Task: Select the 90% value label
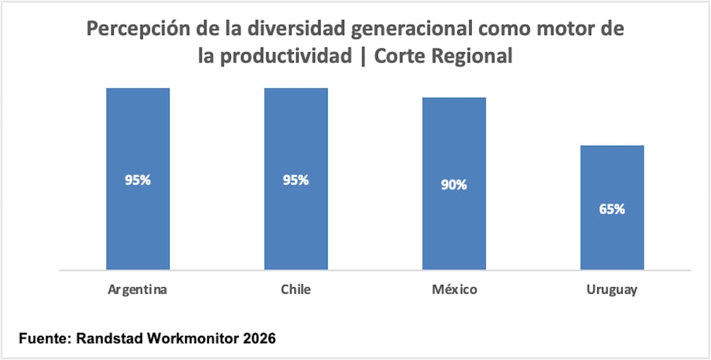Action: (454, 185)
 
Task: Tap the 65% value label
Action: (612, 209)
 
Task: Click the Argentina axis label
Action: (137, 290)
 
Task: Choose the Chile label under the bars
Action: (296, 290)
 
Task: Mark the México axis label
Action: (454, 290)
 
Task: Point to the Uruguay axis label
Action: (612, 290)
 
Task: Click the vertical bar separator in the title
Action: (364, 56)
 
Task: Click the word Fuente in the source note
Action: (41, 339)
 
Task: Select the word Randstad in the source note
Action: (104, 339)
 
